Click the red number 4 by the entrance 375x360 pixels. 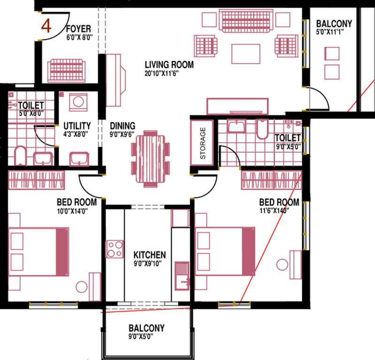46,25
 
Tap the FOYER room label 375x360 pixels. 78,28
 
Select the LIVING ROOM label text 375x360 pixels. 169,65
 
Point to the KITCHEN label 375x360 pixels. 149,255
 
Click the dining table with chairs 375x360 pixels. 150,157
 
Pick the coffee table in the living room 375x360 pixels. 245,53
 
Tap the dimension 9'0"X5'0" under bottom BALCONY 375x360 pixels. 146,336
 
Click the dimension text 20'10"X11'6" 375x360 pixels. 162,73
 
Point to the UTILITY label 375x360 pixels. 77,126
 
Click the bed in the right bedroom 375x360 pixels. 225,252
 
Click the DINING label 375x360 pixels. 122,126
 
